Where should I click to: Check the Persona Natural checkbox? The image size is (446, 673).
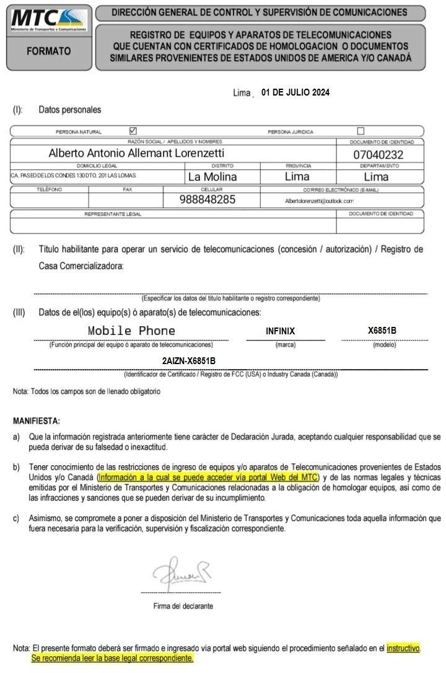click(133, 131)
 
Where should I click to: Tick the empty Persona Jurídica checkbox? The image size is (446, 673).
click(361, 131)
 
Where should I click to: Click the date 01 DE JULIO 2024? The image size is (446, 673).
click(295, 92)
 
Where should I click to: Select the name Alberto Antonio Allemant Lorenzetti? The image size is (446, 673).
click(136, 153)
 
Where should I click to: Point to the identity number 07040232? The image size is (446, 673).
click(378, 154)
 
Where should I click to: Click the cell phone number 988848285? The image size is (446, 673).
click(208, 200)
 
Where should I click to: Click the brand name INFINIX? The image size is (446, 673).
click(280, 331)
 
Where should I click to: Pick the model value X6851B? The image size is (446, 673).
click(382, 330)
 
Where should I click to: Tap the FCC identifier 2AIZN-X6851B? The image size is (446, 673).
click(189, 360)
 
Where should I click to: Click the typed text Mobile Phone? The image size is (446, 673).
click(131, 331)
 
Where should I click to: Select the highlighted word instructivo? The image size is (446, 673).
click(403, 648)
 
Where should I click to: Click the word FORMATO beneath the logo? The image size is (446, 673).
click(49, 51)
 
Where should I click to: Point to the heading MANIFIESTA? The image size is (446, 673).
click(37, 421)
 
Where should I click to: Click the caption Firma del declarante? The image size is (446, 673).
click(183, 606)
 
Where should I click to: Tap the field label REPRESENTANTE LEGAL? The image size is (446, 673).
click(113, 214)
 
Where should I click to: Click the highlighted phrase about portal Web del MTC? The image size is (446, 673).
click(208, 477)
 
